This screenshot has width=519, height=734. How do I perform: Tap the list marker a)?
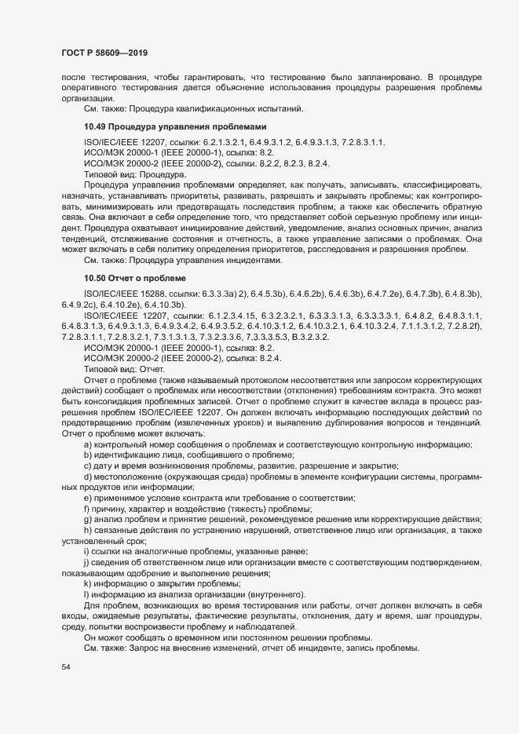(x=88, y=444)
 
